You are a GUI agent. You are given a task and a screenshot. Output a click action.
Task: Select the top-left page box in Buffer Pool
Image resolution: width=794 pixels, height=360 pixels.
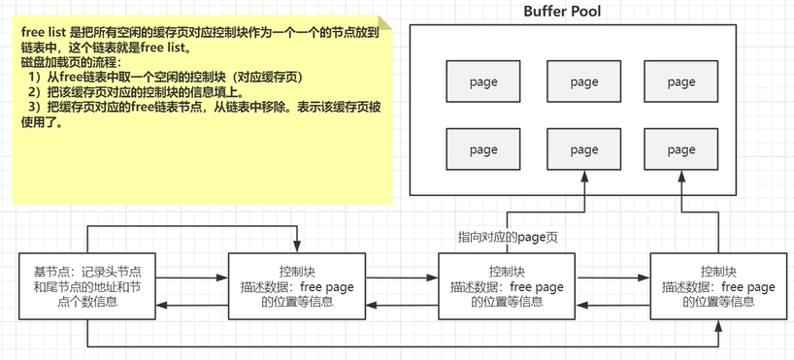(x=482, y=83)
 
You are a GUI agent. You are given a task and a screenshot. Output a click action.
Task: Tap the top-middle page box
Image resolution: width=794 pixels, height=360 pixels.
(x=584, y=83)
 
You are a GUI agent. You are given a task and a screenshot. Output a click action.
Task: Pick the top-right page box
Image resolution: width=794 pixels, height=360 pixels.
(x=680, y=83)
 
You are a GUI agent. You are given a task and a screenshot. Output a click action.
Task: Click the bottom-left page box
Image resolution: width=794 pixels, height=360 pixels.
(x=482, y=149)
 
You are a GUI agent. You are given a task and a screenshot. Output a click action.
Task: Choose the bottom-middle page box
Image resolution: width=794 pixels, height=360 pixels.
(x=584, y=149)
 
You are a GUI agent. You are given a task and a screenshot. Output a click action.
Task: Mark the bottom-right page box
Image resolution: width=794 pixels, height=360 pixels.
(x=680, y=149)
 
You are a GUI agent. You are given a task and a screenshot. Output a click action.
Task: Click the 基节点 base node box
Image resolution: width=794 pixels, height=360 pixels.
(x=87, y=286)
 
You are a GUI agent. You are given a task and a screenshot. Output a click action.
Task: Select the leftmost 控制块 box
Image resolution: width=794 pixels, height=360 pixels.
(x=296, y=286)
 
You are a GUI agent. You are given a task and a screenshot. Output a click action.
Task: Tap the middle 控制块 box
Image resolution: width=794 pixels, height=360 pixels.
(x=507, y=285)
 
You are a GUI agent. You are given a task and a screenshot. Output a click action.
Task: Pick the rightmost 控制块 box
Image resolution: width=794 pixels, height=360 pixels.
(x=717, y=286)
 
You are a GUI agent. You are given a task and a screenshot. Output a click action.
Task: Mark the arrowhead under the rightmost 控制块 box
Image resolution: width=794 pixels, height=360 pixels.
(x=717, y=326)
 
